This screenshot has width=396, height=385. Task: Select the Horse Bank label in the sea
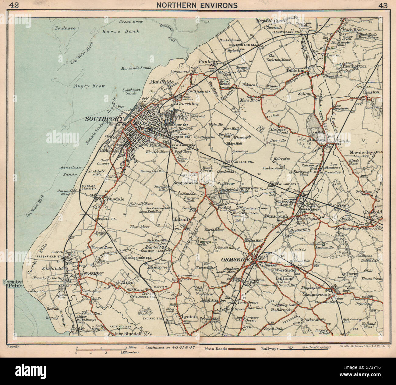pos(121,31)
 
